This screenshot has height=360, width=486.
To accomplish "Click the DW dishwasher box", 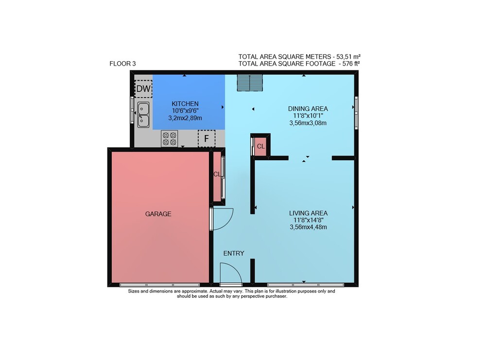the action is pyautogui.click(x=143, y=88).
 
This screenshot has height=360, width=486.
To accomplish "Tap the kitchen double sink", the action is pyautogui.click(x=143, y=115).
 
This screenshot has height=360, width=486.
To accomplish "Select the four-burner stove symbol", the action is pyautogui.click(x=169, y=138).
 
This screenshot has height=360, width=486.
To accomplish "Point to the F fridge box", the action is pyautogui.click(x=207, y=138).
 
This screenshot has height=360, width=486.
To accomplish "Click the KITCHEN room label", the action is pyautogui.click(x=185, y=104).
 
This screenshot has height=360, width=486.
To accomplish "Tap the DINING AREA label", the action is pyautogui.click(x=308, y=109).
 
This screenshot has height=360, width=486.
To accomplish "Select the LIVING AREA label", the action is pyautogui.click(x=308, y=213).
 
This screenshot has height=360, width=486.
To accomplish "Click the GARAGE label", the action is pyautogui.click(x=158, y=214).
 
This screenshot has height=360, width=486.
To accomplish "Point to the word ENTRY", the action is pyautogui.click(x=234, y=254).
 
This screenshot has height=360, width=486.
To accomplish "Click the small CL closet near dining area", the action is pyautogui.click(x=260, y=146).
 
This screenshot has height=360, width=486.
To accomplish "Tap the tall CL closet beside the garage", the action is pyautogui.click(x=217, y=176).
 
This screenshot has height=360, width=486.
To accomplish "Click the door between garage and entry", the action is pyautogui.click(x=221, y=219).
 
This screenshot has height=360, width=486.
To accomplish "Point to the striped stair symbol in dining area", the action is pyautogui.click(x=250, y=83).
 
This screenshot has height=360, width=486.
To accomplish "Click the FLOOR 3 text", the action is pyautogui.click(x=122, y=64).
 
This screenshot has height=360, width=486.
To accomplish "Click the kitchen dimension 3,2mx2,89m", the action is pyautogui.click(x=185, y=118).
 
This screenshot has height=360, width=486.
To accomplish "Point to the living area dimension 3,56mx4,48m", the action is pyautogui.click(x=308, y=227).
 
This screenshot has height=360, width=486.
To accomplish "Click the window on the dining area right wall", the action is pyautogui.click(x=356, y=113).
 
